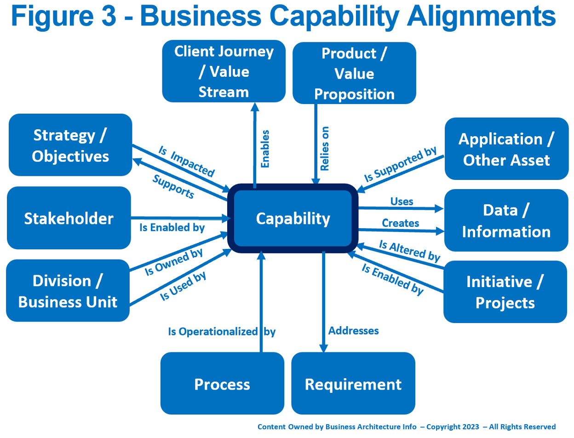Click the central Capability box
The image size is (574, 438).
(x=293, y=219)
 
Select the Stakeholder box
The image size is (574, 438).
(x=69, y=218)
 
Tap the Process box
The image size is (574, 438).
(x=222, y=384)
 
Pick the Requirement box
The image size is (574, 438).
(x=353, y=384)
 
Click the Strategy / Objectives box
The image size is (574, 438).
(x=70, y=145)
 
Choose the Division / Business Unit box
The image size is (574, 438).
(x=68, y=291)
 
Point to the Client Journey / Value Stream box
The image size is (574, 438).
(x=224, y=71)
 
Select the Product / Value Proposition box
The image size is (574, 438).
(x=354, y=74)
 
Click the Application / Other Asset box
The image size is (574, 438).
(x=506, y=149)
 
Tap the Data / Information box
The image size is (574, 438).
(x=506, y=221)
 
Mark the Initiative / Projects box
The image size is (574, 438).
(x=505, y=292)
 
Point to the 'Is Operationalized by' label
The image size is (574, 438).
(x=221, y=331)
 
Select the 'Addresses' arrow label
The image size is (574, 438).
(x=354, y=330)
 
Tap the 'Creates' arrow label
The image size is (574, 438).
(x=401, y=223)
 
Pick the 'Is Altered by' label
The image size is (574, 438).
(x=409, y=251)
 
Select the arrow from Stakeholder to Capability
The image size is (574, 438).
(x=179, y=219)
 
